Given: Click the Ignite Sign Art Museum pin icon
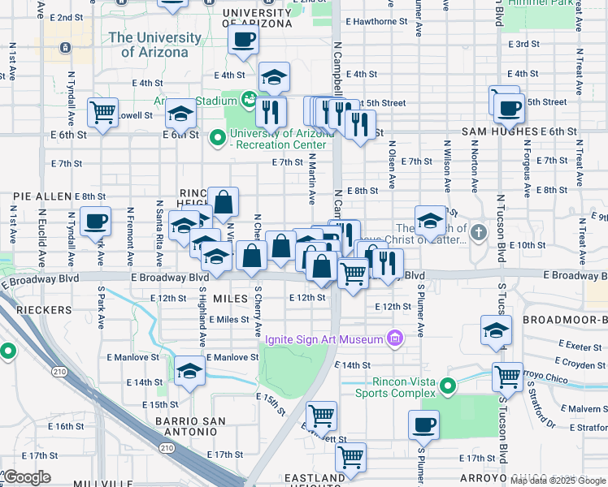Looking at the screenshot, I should pyautogui.click(x=395, y=337).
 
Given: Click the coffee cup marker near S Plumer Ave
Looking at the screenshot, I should pyautogui.click(x=423, y=424).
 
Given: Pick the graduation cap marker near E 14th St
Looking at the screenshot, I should pyautogui.click(x=189, y=370).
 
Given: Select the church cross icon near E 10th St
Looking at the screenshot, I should pyautogui.click(x=479, y=233).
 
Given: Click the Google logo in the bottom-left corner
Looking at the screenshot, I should pyautogui.click(x=28, y=477).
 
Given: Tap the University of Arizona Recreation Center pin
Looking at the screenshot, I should pyautogui.click(x=217, y=138).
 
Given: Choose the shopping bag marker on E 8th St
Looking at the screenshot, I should pyautogui.click(x=223, y=200).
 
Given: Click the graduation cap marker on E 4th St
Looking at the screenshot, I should pyautogui.click(x=274, y=77).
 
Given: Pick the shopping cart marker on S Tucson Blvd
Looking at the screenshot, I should pyautogui.click(x=507, y=376).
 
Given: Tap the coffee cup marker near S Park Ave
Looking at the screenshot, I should pyautogui.click(x=95, y=220).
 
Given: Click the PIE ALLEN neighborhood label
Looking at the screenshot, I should pyautogui.click(x=42, y=196).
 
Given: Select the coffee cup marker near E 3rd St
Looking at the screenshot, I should pyautogui.click(x=243, y=39).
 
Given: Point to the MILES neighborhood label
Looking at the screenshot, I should pyautogui.click(x=230, y=299).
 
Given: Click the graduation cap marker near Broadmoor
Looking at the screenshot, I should pyautogui.click(x=495, y=331).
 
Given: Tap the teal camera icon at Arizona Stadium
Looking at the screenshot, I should pyautogui.click(x=249, y=101).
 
